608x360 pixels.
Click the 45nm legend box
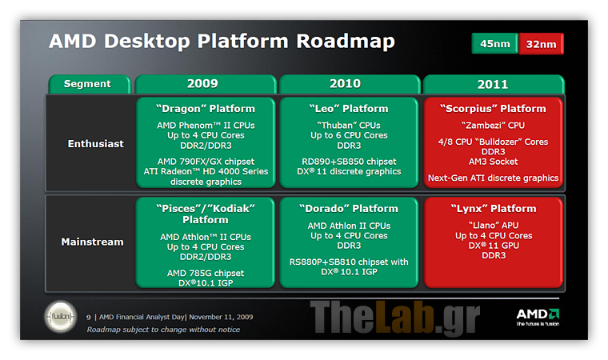tap(494, 43)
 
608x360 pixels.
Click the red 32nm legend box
tap(542, 44)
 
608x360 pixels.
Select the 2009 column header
tap(206, 84)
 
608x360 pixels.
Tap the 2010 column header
tap(350, 84)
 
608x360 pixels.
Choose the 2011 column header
tap(494, 84)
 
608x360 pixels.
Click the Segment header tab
tap(89, 84)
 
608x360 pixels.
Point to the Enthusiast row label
tap(96, 144)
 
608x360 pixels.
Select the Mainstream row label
tap(92, 242)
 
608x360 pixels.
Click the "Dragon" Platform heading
tap(206, 109)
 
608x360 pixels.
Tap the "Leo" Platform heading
tap(349, 109)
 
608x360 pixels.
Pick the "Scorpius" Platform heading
tap(493, 109)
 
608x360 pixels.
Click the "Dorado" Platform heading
tap(349, 209)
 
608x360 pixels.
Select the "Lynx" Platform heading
tap(494, 209)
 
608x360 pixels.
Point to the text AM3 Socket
tap(494, 162)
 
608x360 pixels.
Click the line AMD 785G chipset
tap(206, 273)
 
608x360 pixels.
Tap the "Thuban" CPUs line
tap(349, 126)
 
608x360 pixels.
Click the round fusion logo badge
tap(61, 317)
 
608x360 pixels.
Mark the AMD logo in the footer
tap(538, 317)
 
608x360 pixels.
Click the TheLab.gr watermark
tap(394, 318)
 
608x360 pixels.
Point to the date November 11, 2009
tap(221, 317)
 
